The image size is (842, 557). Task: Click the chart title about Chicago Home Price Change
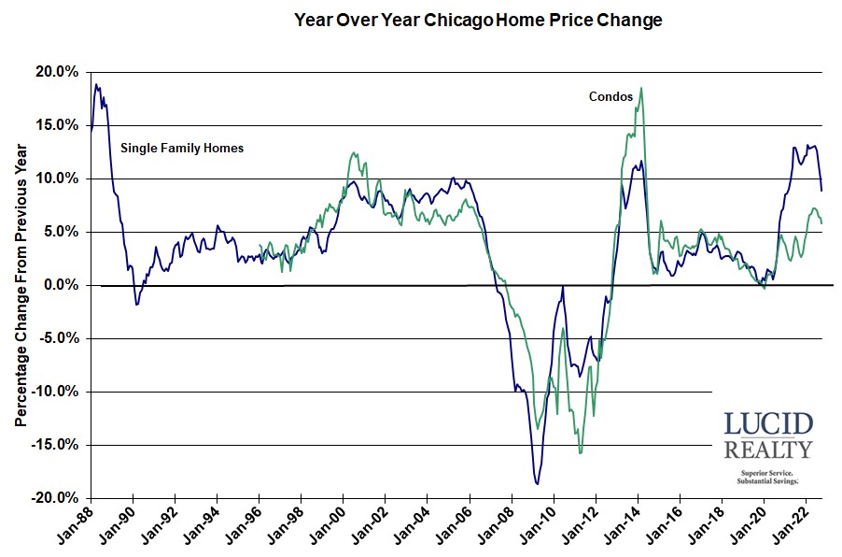pyautogui.click(x=477, y=20)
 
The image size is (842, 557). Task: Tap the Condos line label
pyautogui.click(x=610, y=96)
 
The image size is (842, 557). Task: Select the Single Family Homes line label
pyautogui.click(x=182, y=148)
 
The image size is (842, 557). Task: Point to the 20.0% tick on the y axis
pyautogui.click(x=57, y=72)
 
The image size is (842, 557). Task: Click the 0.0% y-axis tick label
pyautogui.click(x=61, y=285)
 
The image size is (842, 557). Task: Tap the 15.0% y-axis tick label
pyautogui.click(x=57, y=125)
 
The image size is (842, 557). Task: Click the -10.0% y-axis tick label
pyautogui.click(x=55, y=392)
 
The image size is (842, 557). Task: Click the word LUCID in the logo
pyautogui.click(x=768, y=423)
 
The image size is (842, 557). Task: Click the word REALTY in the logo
pyautogui.click(x=768, y=450)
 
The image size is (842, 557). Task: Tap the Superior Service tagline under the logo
pyautogui.click(x=768, y=474)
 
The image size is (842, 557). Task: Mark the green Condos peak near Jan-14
pyautogui.click(x=641, y=88)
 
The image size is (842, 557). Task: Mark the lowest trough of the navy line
pyautogui.click(x=538, y=483)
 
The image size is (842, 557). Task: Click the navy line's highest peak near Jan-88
pyautogui.click(x=95, y=85)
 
